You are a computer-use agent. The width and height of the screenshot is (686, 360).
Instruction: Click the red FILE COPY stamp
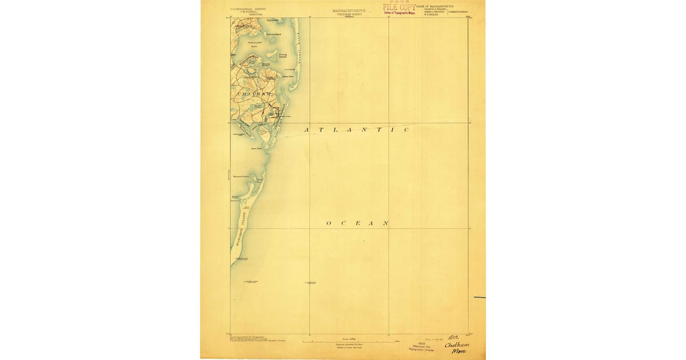coord(399,7)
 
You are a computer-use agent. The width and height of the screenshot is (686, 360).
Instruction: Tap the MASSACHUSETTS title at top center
coord(348,10)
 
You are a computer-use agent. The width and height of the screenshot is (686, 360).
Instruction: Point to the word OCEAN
coord(358,223)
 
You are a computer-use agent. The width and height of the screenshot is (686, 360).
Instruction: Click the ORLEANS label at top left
coord(242,26)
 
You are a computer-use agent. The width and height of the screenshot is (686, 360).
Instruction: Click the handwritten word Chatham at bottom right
coord(457,345)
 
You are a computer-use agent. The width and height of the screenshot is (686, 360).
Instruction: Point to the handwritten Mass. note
coord(458,352)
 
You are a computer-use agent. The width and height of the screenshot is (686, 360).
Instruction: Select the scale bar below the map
coord(348,341)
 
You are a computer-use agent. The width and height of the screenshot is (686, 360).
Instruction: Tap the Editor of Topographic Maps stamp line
coord(399,13)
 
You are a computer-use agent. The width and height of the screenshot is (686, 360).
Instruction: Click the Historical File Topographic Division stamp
coord(421,346)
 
